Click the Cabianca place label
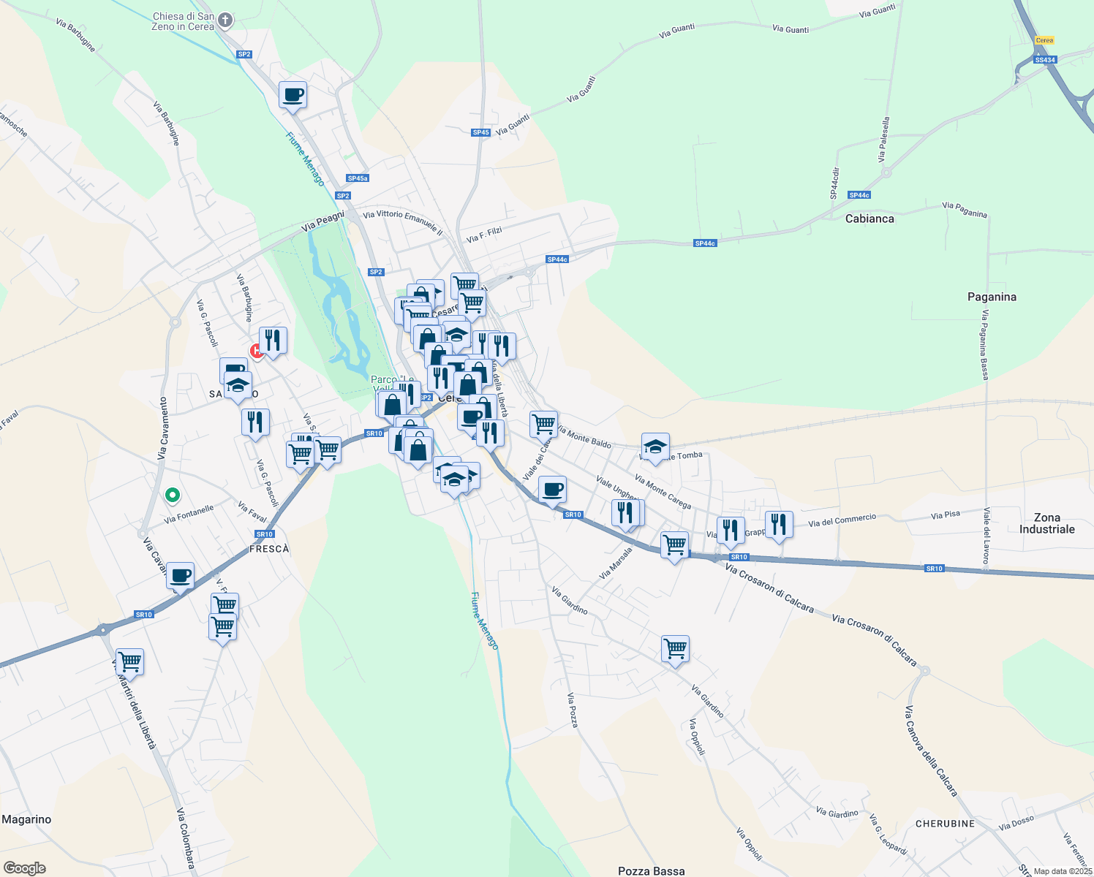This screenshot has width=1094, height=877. [x=869, y=219]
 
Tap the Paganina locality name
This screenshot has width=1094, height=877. [x=992, y=297]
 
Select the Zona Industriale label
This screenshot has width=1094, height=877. [x=1046, y=523]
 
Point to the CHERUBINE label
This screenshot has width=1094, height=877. [x=945, y=824]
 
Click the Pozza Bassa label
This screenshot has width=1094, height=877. [x=651, y=870]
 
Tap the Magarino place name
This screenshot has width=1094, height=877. [x=26, y=819]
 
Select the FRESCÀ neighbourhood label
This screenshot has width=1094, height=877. [x=269, y=549]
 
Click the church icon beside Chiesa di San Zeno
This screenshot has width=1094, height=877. [x=225, y=20]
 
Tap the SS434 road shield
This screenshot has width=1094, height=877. [x=1044, y=60]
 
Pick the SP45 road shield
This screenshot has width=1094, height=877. [x=480, y=132]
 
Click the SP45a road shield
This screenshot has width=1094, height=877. [x=358, y=178]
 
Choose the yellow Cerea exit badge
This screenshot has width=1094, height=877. [x=1044, y=40]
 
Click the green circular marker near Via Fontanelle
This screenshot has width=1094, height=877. [x=172, y=496]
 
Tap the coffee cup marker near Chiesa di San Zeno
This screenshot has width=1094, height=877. [x=293, y=95]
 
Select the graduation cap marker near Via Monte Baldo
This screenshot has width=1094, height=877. [x=655, y=447]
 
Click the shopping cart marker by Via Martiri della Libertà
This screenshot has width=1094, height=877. [x=129, y=662]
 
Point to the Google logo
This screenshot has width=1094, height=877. [x=24, y=868]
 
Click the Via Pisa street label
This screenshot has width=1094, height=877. [x=945, y=515]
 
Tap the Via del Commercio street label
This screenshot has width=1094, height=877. [x=842, y=520]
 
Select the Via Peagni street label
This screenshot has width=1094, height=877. [x=322, y=222]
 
